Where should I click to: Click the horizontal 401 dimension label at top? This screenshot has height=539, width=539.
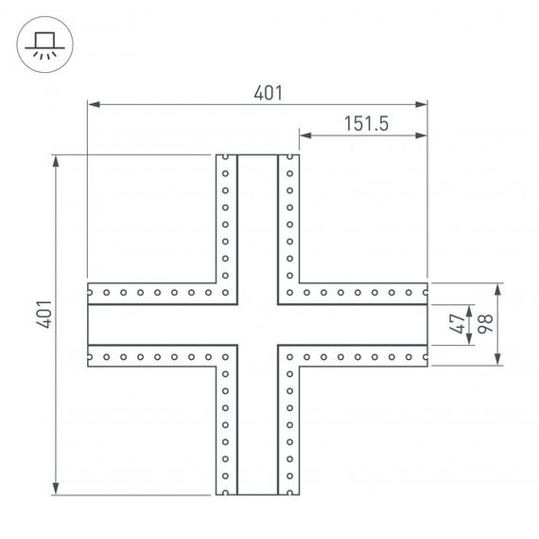click(269, 92)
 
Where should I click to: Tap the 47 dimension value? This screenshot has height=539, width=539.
click(457, 324)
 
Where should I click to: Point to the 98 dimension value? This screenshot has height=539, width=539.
click(485, 324)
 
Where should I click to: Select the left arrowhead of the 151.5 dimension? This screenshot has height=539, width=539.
click(305, 135)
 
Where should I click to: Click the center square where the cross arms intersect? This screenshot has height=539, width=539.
click(257, 324)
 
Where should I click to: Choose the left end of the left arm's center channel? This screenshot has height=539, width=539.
click(90, 324)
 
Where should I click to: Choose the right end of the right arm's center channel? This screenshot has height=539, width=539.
click(426, 324)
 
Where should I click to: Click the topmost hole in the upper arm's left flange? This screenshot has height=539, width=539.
click(226, 159)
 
